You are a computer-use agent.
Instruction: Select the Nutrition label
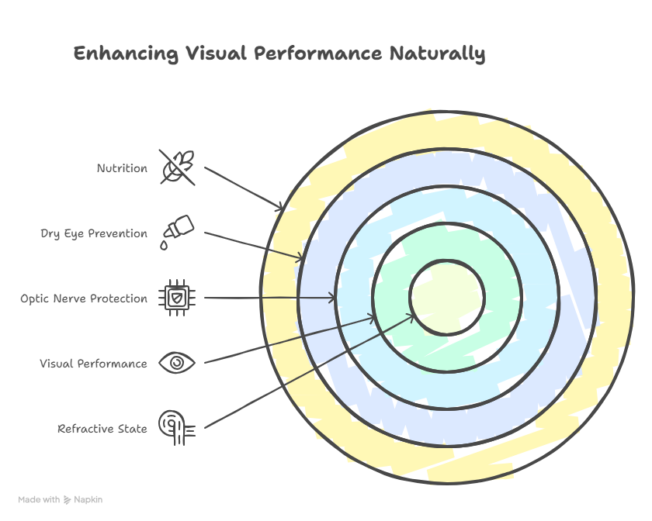click(122, 168)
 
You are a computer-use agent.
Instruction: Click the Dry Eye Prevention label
click(94, 233)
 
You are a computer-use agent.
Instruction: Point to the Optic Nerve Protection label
click(84, 298)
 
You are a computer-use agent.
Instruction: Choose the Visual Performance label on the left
click(93, 364)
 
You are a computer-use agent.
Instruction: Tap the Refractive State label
click(102, 429)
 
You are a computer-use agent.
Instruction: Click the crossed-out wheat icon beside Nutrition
click(177, 167)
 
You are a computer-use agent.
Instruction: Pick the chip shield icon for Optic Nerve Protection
click(177, 298)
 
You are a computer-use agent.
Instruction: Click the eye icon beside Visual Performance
click(177, 363)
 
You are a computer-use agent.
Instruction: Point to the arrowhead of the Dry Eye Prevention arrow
click(301, 258)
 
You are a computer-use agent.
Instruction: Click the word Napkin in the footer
click(88, 500)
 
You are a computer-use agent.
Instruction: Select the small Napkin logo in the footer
click(68, 500)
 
